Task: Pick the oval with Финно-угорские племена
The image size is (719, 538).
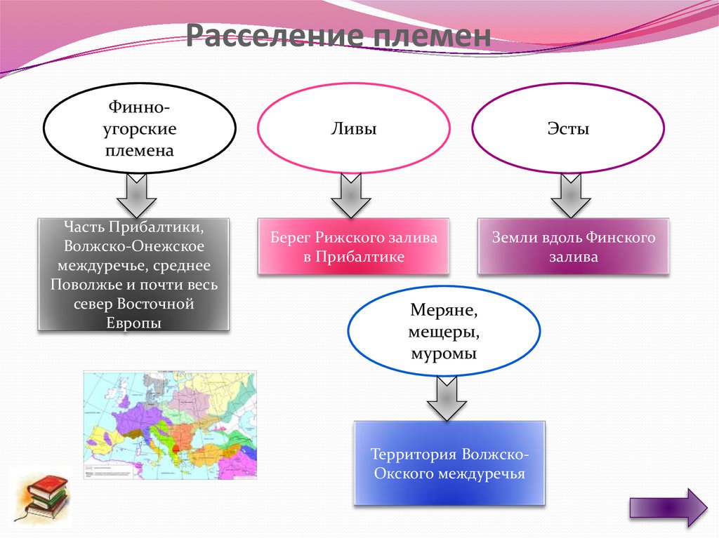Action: [x=139, y=129]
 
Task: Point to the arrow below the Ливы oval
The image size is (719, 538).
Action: [x=350, y=197]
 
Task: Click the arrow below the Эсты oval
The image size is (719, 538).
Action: [x=571, y=197]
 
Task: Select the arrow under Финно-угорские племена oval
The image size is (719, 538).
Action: [x=136, y=197]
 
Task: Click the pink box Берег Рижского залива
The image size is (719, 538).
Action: [x=354, y=246]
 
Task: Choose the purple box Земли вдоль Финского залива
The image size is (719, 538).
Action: [x=574, y=246]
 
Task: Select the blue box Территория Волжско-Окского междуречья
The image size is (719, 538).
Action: [x=449, y=463]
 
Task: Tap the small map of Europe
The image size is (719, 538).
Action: [x=170, y=425]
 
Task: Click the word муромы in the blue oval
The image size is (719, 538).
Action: [x=443, y=354]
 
